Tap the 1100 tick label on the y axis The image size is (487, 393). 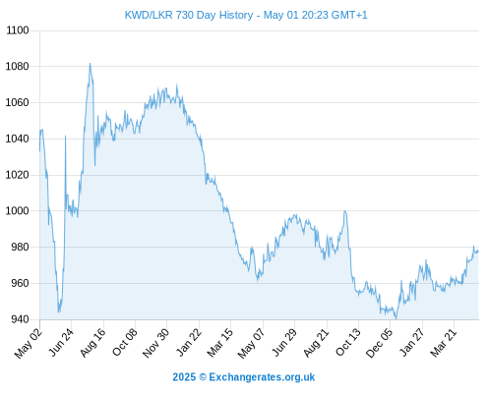pyautogui.click(x=18, y=30)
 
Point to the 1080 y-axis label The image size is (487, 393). pyautogui.click(x=18, y=67)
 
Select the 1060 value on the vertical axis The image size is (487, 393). pyautogui.click(x=18, y=103)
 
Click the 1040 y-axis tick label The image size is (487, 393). pyautogui.click(x=18, y=139)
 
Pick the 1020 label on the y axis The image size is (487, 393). pyautogui.click(x=18, y=175)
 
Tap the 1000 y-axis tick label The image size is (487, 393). pyautogui.click(x=18, y=211)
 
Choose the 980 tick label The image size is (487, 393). pyautogui.click(x=21, y=247)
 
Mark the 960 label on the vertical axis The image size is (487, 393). pyautogui.click(x=21, y=283)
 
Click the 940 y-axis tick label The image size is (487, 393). pyautogui.click(x=21, y=319)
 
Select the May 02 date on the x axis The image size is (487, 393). pyautogui.click(x=29, y=343)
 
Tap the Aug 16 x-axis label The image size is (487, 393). pyautogui.click(x=93, y=342)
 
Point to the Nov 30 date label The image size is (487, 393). pyautogui.click(x=156, y=343)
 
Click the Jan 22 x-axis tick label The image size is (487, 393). pyautogui.click(x=189, y=342)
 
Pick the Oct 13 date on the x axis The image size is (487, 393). pyautogui.click(x=348, y=342)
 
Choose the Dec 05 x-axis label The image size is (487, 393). pyautogui.click(x=379, y=343)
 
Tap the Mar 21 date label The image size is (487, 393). pyautogui.click(x=444, y=343)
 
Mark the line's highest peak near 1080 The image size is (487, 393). pyautogui.click(x=91, y=64)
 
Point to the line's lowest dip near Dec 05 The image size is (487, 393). pyautogui.click(x=396, y=318)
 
